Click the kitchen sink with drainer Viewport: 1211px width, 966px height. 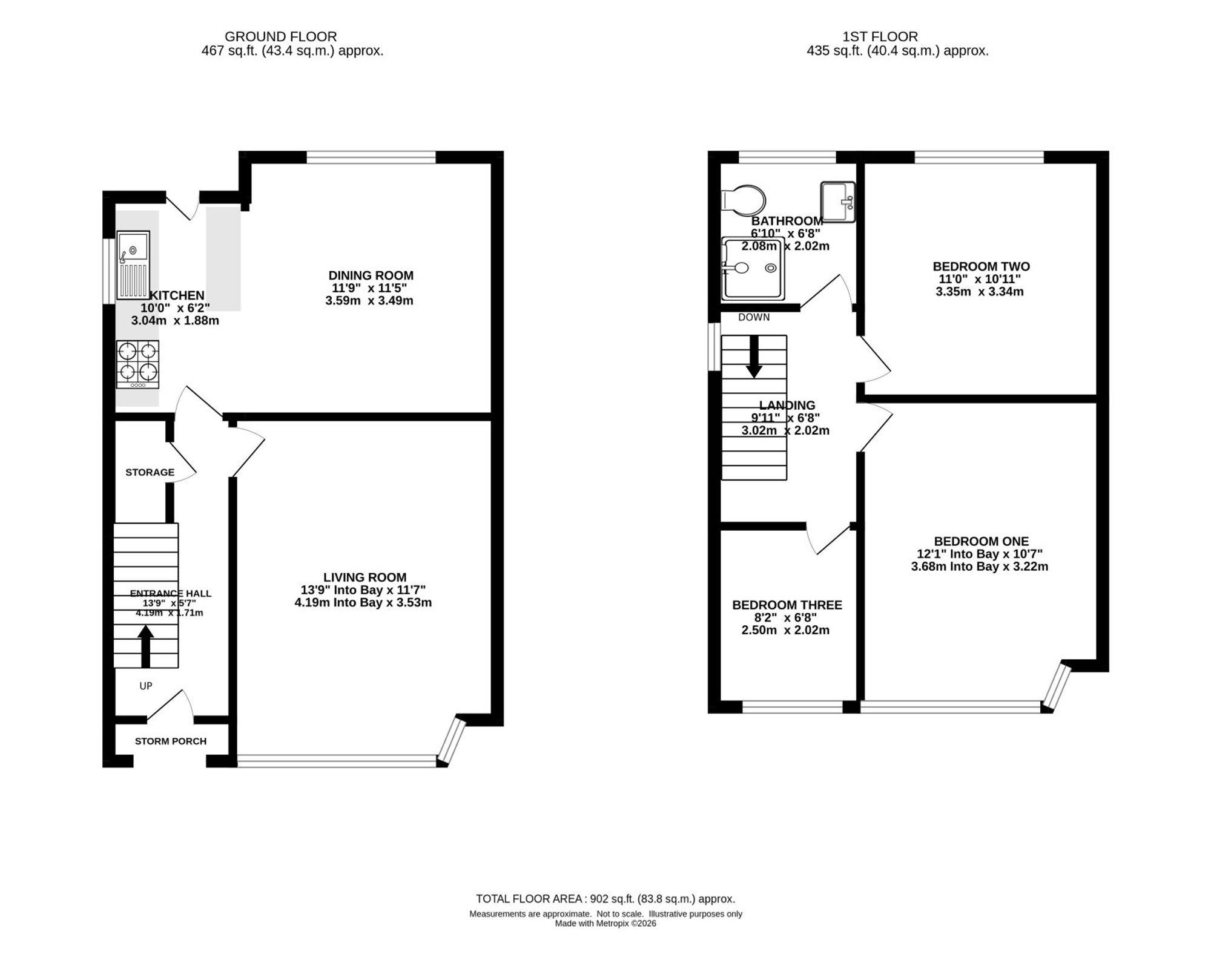point(133,265)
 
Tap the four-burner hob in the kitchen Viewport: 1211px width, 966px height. point(138,364)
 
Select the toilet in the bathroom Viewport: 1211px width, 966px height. point(744,200)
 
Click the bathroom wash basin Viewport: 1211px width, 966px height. point(838,202)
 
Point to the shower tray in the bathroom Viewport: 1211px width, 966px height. point(753,269)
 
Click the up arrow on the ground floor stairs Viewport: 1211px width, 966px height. point(145,646)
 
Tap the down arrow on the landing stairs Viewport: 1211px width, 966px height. point(754,356)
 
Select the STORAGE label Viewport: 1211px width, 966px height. point(150,472)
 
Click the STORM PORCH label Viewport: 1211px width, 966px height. point(171,741)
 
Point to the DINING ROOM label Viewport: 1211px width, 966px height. point(371,275)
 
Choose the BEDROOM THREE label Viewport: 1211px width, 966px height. point(787,605)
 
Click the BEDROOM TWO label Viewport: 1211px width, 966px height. point(981,266)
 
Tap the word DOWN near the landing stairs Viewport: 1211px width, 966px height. point(754,317)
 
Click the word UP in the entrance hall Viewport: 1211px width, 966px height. point(146,686)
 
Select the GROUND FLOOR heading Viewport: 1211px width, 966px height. point(280,37)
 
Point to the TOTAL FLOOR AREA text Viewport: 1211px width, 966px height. point(605,899)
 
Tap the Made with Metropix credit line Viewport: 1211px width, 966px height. point(605,924)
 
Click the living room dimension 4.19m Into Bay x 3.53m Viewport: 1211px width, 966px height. point(363,603)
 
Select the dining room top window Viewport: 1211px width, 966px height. point(371,157)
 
